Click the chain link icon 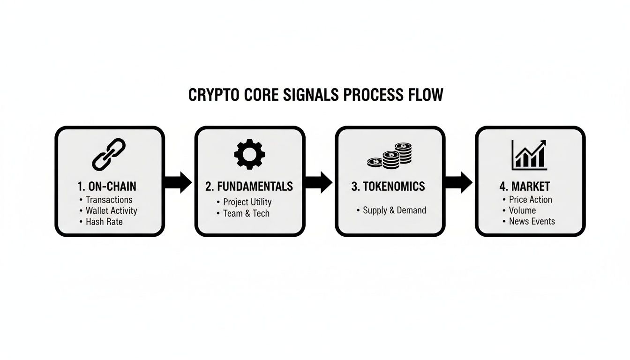point(109,154)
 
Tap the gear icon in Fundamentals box point(249,154)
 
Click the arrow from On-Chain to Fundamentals point(179,182)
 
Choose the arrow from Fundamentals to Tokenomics point(319,182)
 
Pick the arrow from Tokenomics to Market point(459,182)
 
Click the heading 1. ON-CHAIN point(107,186)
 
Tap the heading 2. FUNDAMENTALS point(249,186)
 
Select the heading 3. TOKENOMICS point(388,186)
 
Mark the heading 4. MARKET point(525,186)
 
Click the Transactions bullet point(109,200)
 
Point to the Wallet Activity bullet point(111,210)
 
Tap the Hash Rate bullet point(104,221)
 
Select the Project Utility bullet point(247,202)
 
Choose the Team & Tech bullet point(246,213)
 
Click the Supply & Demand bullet point(394,210)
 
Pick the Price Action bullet point(530,200)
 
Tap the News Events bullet point(532,221)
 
